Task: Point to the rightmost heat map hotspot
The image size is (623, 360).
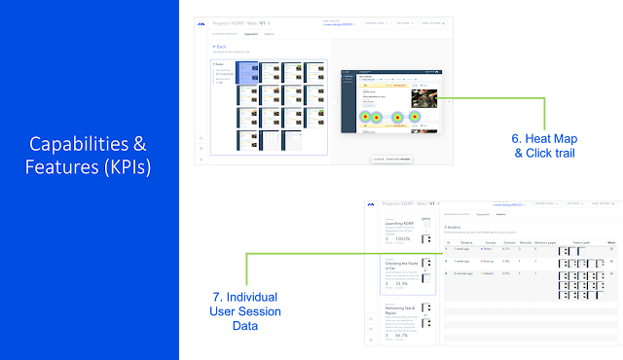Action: click(x=415, y=117)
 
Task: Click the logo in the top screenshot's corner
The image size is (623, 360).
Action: click(x=201, y=23)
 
